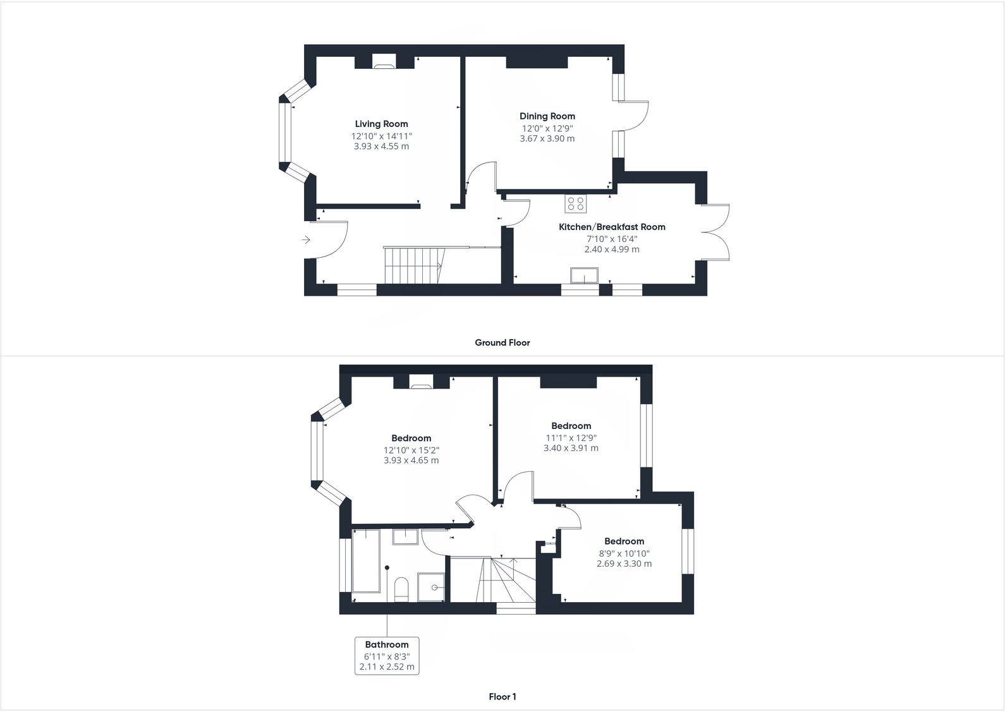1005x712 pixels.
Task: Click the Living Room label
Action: [381, 124]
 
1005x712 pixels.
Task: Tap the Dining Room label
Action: [547, 116]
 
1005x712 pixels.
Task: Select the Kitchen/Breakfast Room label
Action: [612, 227]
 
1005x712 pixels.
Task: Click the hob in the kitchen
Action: [576, 203]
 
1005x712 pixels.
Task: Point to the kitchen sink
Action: [584, 276]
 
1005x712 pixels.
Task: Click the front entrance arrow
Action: [306, 240]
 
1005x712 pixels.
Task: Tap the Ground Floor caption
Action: [502, 342]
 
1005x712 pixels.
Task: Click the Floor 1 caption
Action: [502, 697]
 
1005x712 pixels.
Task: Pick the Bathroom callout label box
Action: [387, 656]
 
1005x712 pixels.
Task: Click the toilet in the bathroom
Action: [401, 589]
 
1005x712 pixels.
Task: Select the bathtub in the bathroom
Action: [365, 561]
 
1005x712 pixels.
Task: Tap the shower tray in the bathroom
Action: [431, 588]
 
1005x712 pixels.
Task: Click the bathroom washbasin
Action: [405, 537]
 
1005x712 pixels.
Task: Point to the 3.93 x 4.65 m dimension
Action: [411, 461]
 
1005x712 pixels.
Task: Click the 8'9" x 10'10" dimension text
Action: [624, 553]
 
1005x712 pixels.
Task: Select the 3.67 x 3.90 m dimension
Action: [547, 139]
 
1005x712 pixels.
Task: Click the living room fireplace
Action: [383, 62]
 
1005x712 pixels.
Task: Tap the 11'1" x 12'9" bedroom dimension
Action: [571, 438]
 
